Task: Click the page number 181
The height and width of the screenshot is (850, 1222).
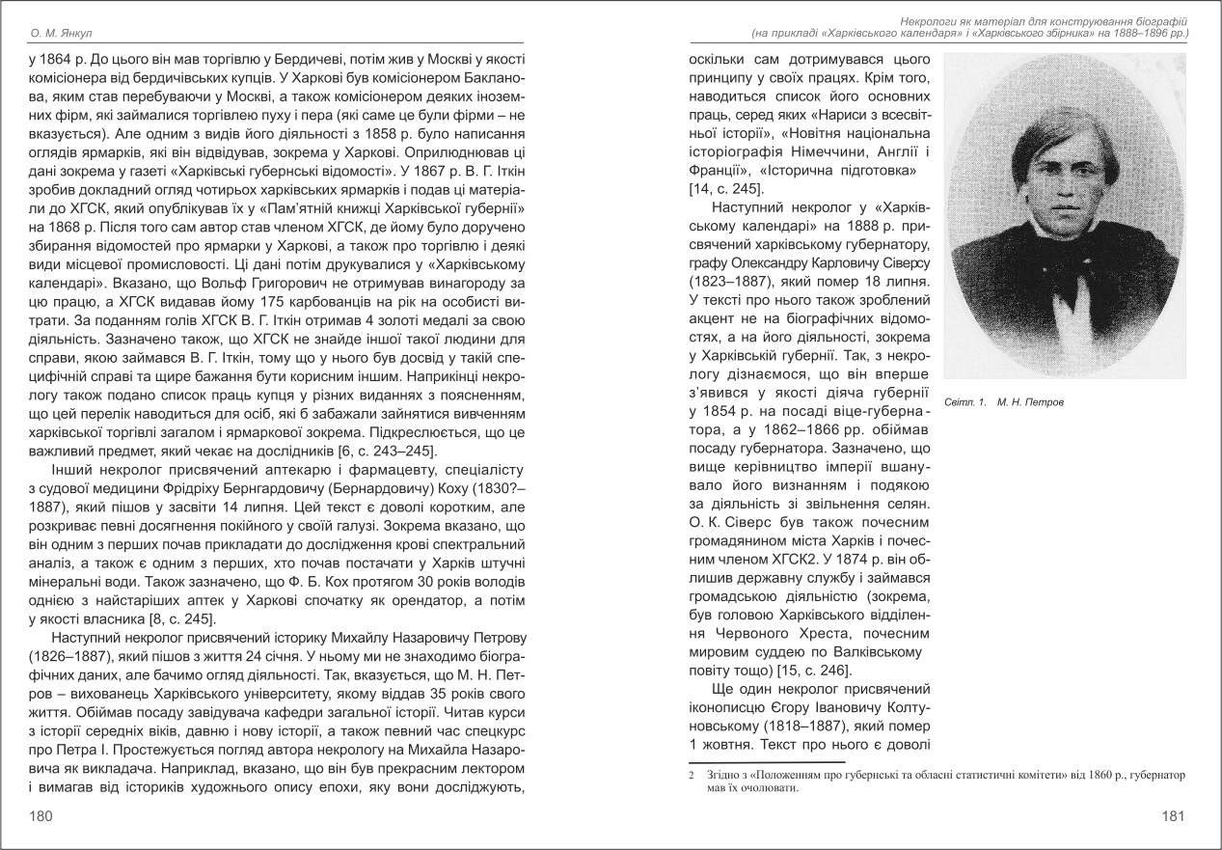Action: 1173,816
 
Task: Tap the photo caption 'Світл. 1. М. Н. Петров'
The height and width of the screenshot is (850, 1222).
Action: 1004,401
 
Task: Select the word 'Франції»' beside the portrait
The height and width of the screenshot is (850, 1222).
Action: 720,170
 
